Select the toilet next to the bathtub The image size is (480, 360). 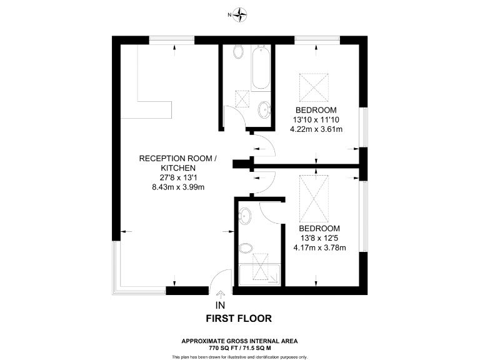click(x=238, y=52)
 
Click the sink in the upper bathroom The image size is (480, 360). click(x=264, y=110)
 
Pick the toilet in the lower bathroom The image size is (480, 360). click(x=246, y=248)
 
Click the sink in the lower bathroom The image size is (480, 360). click(x=245, y=216)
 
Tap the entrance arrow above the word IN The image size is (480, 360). click(x=219, y=296)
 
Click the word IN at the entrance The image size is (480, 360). click(x=219, y=306)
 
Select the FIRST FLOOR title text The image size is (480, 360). click(x=239, y=318)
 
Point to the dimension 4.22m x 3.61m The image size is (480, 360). click(x=317, y=129)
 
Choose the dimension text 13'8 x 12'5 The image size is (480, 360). click(x=319, y=237)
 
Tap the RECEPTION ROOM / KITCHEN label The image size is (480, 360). click(x=177, y=164)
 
